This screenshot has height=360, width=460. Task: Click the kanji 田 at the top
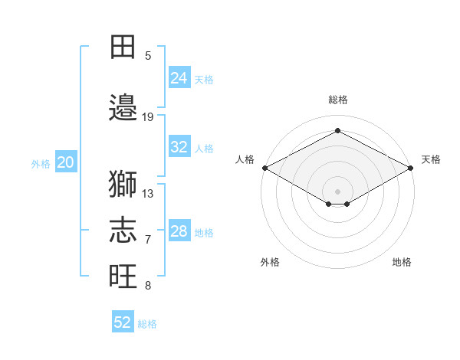tap(123, 47)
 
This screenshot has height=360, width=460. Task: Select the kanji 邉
tap(123, 106)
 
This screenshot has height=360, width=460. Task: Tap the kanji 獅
tap(123, 184)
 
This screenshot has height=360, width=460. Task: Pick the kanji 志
tap(123, 231)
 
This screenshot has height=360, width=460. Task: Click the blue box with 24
tap(179, 78)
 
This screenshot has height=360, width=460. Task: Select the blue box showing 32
tap(179, 147)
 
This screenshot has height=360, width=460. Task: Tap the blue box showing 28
tap(179, 231)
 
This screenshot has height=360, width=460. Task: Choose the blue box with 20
tap(66, 162)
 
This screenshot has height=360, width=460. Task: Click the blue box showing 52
tap(123, 322)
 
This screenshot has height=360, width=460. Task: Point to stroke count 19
tap(148, 117)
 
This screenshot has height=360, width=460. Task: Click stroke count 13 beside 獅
tap(148, 194)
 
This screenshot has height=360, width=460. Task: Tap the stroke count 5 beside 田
tap(148, 56)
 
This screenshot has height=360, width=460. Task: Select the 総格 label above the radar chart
tap(337, 100)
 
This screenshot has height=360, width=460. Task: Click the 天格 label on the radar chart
tap(431, 159)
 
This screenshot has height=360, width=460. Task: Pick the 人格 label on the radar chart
tap(245, 159)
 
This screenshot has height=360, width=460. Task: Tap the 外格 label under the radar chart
tap(270, 262)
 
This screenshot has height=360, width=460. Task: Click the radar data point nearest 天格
tap(412, 168)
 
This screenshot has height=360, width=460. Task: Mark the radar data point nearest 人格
tap(264, 168)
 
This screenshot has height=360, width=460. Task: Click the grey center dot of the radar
tap(337, 191)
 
